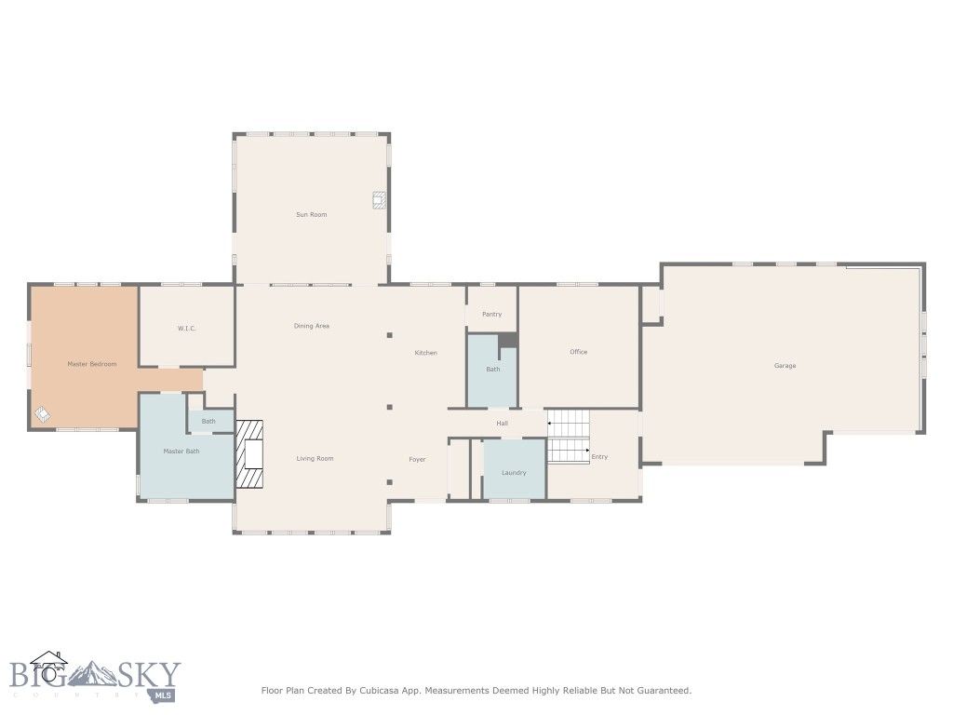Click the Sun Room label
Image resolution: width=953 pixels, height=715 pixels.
pyautogui.click(x=311, y=215)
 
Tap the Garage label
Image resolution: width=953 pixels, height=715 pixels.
pyautogui.click(x=785, y=366)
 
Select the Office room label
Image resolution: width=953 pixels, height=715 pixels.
pyautogui.click(x=578, y=352)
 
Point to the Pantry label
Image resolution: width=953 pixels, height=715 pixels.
pyautogui.click(x=491, y=315)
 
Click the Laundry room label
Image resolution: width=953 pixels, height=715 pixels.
pyautogui.click(x=514, y=473)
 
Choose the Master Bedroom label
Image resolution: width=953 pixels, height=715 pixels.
pyautogui.click(x=91, y=364)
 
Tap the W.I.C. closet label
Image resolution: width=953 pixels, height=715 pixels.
pyautogui.click(x=186, y=329)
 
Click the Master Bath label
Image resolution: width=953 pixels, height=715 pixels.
pyautogui.click(x=181, y=452)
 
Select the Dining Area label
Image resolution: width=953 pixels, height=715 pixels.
pyautogui.click(x=311, y=326)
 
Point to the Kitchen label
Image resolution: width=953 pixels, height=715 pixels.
pyautogui.click(x=425, y=353)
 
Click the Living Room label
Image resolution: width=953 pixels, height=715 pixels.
pyautogui.click(x=315, y=459)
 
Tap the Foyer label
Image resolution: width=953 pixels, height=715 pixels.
pyautogui.click(x=417, y=460)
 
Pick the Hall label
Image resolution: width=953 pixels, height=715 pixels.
pyautogui.click(x=502, y=424)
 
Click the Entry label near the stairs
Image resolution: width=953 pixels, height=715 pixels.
pyautogui.click(x=599, y=456)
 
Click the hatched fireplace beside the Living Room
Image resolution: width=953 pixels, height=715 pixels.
pyautogui.click(x=249, y=454)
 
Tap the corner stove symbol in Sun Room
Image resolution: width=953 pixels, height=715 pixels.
pyautogui.click(x=379, y=199)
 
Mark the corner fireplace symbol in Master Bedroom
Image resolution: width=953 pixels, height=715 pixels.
pyautogui.click(x=43, y=414)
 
